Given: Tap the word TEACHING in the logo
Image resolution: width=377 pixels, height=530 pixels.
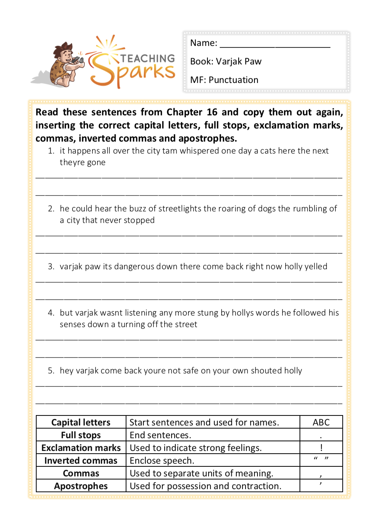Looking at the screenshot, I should [148, 59].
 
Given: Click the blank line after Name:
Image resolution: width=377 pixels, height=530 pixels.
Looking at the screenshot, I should [275, 44].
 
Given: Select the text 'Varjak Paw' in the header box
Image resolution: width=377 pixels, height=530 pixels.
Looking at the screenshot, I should [239, 62].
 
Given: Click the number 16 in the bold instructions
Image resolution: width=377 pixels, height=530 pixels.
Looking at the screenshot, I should [212, 112].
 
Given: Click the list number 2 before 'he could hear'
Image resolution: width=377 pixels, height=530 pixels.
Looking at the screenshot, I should [51, 209].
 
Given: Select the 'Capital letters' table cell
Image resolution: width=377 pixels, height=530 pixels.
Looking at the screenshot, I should [81, 422].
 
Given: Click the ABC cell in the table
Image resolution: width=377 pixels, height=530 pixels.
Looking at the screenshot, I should [321, 422].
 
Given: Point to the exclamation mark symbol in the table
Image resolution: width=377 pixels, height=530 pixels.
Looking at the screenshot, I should [321, 447].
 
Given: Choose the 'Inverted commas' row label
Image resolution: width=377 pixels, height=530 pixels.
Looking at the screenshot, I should [81, 461].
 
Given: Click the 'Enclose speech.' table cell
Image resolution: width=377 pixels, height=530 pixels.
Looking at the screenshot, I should [162, 461].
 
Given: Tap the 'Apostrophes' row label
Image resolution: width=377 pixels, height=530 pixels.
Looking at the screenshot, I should [81, 486].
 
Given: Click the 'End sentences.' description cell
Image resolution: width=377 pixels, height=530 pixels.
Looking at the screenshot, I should [160, 435].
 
